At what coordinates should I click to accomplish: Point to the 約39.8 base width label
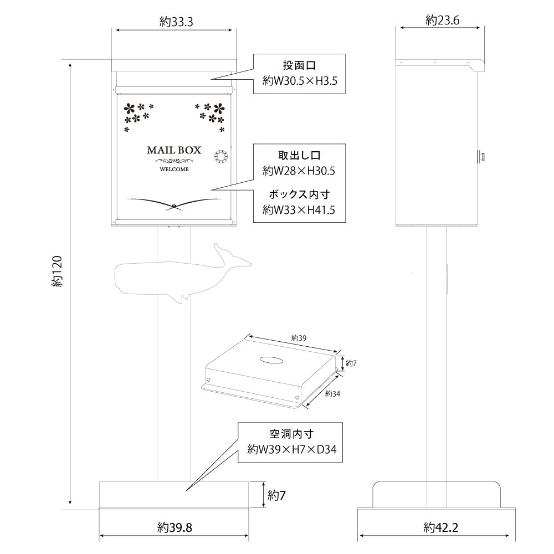175,526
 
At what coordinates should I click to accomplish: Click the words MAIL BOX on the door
174,150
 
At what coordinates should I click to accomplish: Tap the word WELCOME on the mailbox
174,170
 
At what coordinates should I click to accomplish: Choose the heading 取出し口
300,155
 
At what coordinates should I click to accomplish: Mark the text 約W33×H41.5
300,210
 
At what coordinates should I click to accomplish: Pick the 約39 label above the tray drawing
298,337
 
